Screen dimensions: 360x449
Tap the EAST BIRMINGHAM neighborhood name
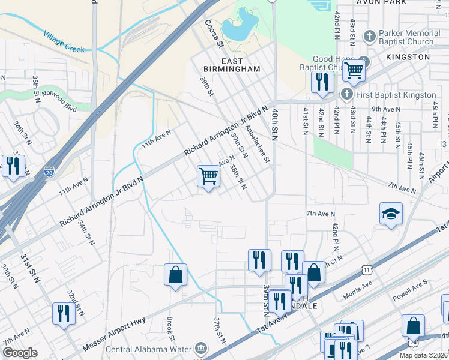point(232,65)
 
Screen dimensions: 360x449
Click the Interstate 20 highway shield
point(49,172)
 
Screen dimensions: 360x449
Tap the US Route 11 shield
point(367,271)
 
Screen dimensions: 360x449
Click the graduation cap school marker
point(391,214)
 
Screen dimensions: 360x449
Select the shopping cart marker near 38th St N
point(208,176)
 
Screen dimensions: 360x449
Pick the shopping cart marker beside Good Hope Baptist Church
point(354,70)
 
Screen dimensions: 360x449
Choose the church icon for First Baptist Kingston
point(346,95)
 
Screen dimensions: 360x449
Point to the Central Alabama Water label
point(149,349)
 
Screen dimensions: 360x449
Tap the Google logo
point(20,353)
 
